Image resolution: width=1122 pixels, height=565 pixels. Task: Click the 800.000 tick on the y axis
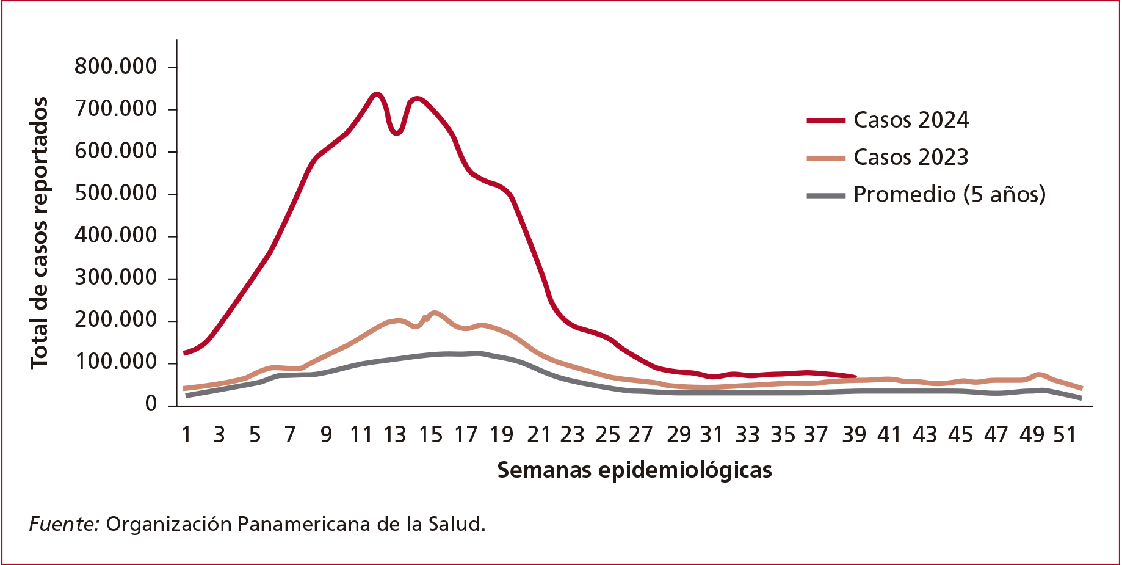tap(115, 66)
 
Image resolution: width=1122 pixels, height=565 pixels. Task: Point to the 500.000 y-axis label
tap(115, 193)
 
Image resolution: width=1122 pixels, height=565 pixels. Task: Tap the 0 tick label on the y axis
tap(151, 404)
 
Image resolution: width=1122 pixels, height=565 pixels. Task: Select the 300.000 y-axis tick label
tap(115, 277)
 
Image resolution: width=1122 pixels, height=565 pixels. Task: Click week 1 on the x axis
tap(187, 434)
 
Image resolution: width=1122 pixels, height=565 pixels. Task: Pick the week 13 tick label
tap(395, 434)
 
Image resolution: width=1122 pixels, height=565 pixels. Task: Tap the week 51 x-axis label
tap(1065, 434)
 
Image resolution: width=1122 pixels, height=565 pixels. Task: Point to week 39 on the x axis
tap(854, 434)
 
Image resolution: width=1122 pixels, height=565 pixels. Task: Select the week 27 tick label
tap(641, 434)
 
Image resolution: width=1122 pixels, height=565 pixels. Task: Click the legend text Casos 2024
tap(911, 120)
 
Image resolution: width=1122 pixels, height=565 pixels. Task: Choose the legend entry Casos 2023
tap(911, 158)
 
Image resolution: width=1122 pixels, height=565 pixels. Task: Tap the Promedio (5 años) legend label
tap(949, 194)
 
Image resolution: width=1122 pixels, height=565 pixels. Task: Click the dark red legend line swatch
tap(826, 121)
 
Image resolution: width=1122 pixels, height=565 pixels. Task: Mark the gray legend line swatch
tap(826, 195)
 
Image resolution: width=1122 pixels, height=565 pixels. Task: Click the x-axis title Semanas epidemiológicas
tap(634, 470)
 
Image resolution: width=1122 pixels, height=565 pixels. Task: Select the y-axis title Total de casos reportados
tap(39, 233)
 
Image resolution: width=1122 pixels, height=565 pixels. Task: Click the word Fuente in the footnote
tap(64, 524)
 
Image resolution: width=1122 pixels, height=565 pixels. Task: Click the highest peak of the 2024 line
tap(376, 94)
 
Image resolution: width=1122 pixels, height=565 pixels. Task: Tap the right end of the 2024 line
tap(855, 377)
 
